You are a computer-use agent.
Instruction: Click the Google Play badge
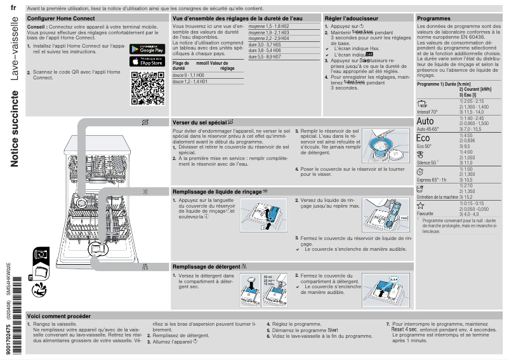pyautogui.click(x=147, y=49)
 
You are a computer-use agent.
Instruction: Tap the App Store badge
pyautogui.click(x=147, y=62)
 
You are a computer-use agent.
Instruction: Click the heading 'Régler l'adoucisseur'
pyautogui.click(x=349, y=19)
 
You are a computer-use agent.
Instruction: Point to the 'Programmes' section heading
pyautogui.click(x=433, y=19)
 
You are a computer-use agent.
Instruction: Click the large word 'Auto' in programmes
pyautogui.click(x=425, y=121)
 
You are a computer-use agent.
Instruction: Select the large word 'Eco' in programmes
pyautogui.click(x=423, y=138)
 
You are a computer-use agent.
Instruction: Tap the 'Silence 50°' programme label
pyautogui.click(x=427, y=163)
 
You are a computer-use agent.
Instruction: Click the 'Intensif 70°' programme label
pyautogui.click(x=428, y=112)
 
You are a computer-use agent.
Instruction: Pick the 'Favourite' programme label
pyautogui.click(x=425, y=214)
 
